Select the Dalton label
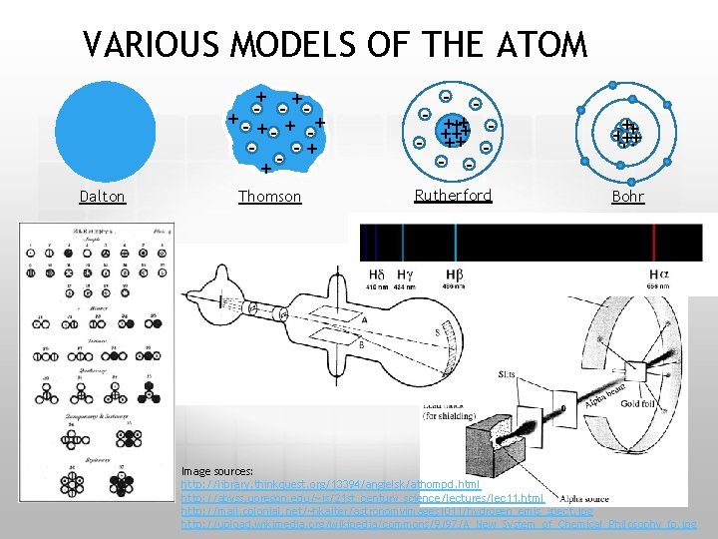103,197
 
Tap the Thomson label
269,197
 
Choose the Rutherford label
453,196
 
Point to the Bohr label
627,197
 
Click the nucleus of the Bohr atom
626,133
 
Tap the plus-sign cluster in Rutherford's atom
457,131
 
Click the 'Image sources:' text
216,470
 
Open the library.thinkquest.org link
329,484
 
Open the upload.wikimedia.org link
439,523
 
